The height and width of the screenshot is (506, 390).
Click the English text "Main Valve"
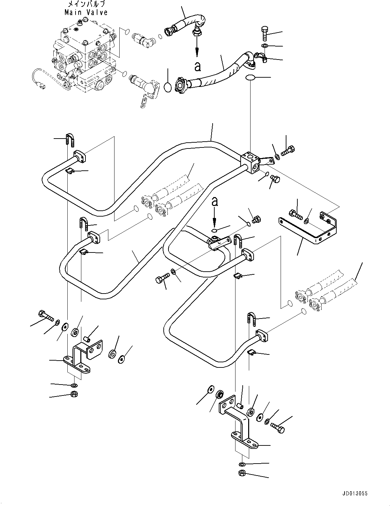tap(86, 12)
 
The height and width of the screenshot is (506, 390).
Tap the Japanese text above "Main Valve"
tap(86, 4)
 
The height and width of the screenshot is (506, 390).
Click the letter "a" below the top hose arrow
tap(197, 66)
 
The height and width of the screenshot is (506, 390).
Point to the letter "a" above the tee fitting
tap(214, 202)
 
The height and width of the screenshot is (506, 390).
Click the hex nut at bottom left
tap(73, 394)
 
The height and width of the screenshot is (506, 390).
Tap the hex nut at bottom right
tap(241, 473)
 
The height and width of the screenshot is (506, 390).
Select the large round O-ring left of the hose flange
tap(167, 87)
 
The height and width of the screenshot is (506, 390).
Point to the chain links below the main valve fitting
tap(145, 102)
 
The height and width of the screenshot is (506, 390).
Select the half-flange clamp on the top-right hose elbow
tap(260, 57)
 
